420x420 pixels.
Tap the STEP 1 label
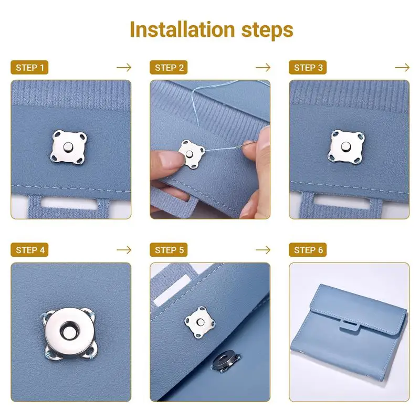[30, 68]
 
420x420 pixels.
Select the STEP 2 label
[170, 68]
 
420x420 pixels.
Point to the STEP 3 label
[309, 68]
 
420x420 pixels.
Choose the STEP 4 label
[30, 250]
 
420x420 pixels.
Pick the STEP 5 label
[170, 250]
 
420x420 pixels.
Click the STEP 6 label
[309, 250]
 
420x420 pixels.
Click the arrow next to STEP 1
[124, 68]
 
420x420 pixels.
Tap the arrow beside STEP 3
[402, 68]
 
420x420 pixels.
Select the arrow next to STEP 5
[263, 250]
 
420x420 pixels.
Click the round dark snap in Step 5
[225, 362]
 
